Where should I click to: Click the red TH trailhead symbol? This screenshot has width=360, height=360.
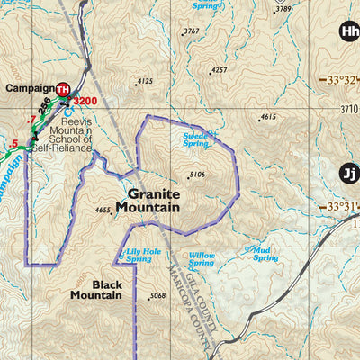click(63, 89)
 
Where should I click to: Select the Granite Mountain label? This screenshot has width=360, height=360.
click(153, 200)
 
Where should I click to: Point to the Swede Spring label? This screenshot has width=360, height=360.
click(195, 139)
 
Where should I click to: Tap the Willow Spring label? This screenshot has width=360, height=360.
click(202, 259)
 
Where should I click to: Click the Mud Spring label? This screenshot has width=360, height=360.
click(265, 254)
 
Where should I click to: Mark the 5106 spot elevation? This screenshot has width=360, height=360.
click(197, 175)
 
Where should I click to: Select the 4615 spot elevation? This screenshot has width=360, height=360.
click(267, 117)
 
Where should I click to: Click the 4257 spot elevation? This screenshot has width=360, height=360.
click(218, 69)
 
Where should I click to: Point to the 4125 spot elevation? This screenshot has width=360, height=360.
click(144, 81)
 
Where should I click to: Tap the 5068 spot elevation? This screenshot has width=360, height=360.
click(158, 296)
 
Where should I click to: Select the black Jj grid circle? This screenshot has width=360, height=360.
click(348, 174)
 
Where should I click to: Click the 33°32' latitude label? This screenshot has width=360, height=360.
click(343, 80)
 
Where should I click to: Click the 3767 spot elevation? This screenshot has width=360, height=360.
click(191, 31)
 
